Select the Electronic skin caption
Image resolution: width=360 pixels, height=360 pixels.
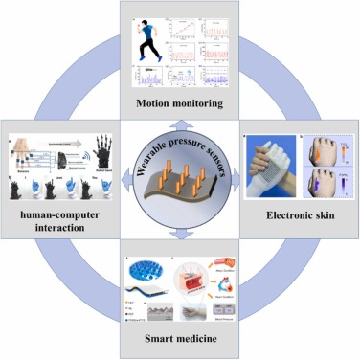[x=298, y=217]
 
